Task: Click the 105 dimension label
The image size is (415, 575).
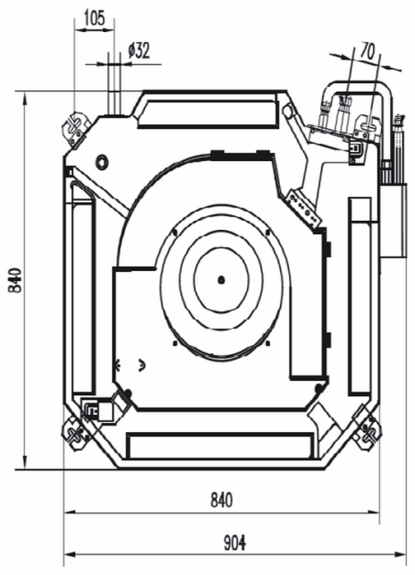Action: (x=95, y=19)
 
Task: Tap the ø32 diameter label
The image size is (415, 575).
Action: (x=140, y=51)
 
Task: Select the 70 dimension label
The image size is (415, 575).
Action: (x=368, y=51)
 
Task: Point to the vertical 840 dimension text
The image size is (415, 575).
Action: (x=15, y=280)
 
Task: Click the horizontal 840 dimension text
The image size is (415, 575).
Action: (x=222, y=500)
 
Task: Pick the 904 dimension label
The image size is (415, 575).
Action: (x=235, y=543)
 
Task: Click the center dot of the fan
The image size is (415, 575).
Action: (x=221, y=280)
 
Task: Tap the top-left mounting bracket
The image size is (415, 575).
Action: (x=76, y=130)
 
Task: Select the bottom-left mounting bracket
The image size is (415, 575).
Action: (x=76, y=434)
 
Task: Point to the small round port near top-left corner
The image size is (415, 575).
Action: (x=101, y=162)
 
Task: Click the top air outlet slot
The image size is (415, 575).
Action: (x=207, y=109)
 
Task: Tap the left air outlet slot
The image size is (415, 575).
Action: (x=82, y=290)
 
